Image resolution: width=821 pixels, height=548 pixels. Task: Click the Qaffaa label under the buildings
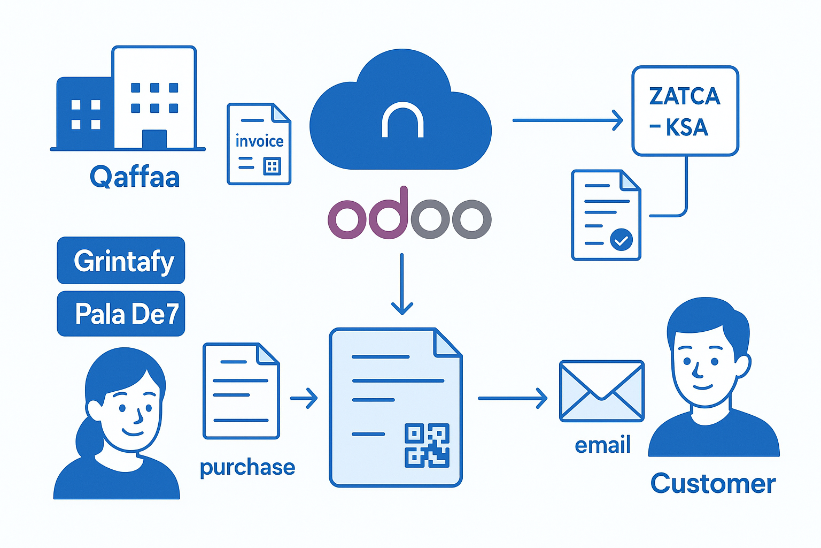pyautogui.click(x=134, y=177)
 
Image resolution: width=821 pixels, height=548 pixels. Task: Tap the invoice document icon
pyautogui.click(x=259, y=144)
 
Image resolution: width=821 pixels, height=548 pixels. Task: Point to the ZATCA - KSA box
pyautogui.click(x=685, y=111)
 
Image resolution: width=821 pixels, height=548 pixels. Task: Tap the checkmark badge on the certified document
pyautogui.click(x=621, y=240)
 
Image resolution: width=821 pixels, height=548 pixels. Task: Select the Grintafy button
pyautogui.click(x=121, y=261)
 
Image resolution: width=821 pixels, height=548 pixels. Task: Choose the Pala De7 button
pyautogui.click(x=121, y=314)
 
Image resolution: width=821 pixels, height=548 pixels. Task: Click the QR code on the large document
pyautogui.click(x=427, y=445)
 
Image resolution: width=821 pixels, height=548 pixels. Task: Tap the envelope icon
pyautogui.click(x=601, y=391)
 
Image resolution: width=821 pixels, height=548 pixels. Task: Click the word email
pyautogui.click(x=602, y=445)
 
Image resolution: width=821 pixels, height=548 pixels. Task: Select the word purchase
pyautogui.click(x=247, y=467)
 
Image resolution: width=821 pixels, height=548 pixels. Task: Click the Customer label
pyautogui.click(x=712, y=484)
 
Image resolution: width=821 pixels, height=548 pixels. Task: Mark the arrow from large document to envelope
pyautogui.click(x=513, y=398)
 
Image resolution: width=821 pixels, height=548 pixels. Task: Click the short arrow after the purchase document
pyautogui.click(x=304, y=398)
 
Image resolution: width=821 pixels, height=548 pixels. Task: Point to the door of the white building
pyautogui.click(x=154, y=139)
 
